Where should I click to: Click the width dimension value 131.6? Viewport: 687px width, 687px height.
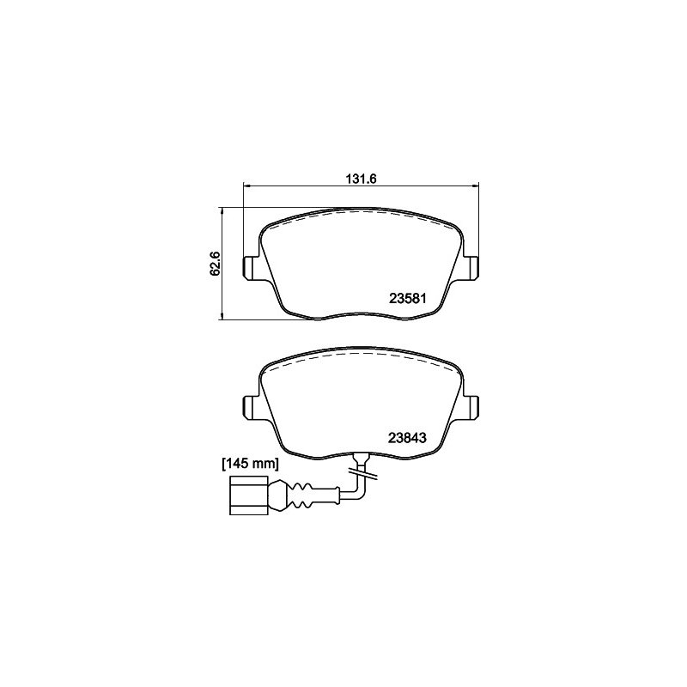click(x=362, y=179)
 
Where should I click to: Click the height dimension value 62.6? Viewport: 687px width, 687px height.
click(x=216, y=264)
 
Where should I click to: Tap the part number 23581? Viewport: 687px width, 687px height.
click(x=407, y=298)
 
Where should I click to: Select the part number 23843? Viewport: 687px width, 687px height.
click(x=407, y=438)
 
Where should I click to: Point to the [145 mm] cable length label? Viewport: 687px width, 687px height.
click(x=250, y=464)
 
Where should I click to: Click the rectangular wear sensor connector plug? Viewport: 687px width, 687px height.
click(x=248, y=495)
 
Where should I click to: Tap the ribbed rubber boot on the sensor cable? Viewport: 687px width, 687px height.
click(x=290, y=495)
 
